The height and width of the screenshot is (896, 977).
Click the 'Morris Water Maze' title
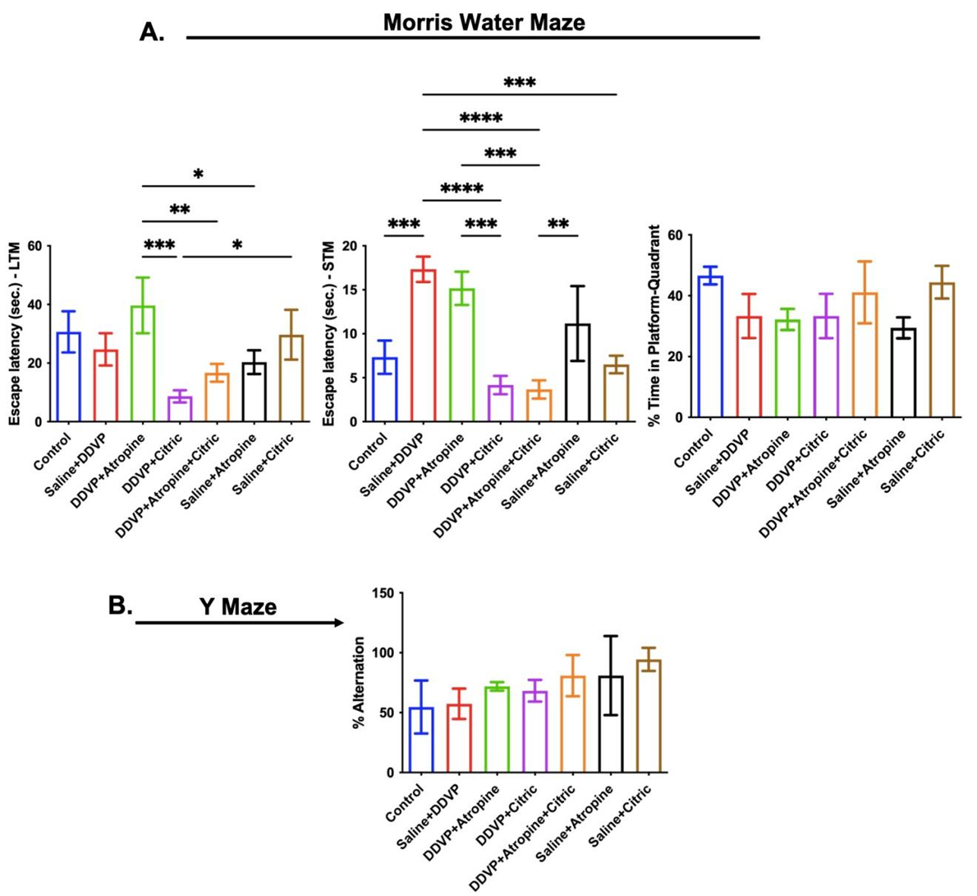pos(484,22)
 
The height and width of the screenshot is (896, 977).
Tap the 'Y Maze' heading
pos(238,607)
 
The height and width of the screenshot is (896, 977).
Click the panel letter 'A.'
pos(152,32)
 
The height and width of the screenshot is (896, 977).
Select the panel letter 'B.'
pos(121,605)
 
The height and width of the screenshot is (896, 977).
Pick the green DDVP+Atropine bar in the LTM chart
pos(143,363)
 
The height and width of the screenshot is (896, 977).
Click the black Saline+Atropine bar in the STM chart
pos(578,373)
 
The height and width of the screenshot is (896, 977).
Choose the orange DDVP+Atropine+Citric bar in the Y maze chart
pos(572,725)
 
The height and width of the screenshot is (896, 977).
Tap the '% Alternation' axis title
pos(359,683)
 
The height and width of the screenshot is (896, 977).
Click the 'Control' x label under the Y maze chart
pos(405,803)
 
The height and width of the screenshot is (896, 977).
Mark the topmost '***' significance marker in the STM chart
pos(519,83)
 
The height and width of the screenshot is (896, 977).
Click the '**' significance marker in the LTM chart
pos(180,210)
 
